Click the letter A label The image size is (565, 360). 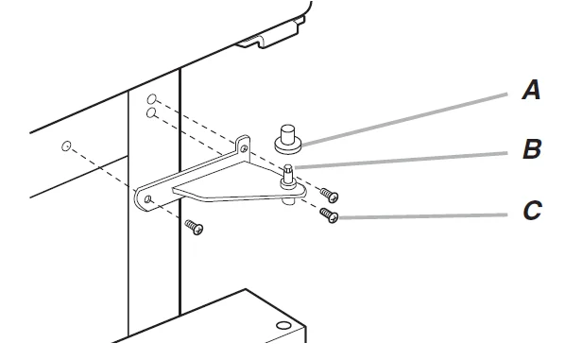(531, 90)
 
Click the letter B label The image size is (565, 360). (532, 149)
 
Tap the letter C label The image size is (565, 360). (532, 211)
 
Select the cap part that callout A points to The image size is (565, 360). (288, 140)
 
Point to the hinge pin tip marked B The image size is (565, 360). (288, 168)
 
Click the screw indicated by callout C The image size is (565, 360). (329, 215)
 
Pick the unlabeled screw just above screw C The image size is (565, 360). (330, 196)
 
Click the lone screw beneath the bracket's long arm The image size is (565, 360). (194, 228)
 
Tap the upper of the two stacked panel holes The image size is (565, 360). (152, 98)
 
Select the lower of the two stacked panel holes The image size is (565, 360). (151, 113)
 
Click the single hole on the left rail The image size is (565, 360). (66, 146)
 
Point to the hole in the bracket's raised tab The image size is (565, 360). (244, 148)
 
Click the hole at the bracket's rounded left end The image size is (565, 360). (147, 199)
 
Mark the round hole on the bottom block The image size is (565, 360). (283, 326)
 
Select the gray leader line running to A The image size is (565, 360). (404, 120)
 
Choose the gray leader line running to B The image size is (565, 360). (401, 160)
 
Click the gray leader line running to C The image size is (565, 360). (423, 216)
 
